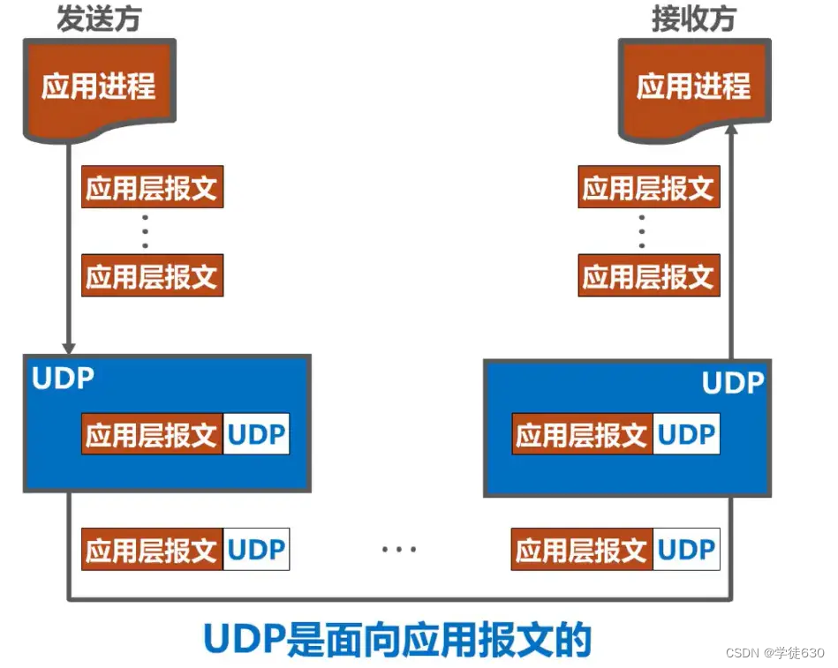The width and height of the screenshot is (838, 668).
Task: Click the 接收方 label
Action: [x=693, y=19]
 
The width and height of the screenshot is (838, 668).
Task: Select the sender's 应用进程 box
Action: [x=99, y=86]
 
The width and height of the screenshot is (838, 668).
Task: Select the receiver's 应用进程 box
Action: [x=693, y=86]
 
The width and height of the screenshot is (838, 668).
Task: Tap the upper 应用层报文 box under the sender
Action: [x=152, y=187]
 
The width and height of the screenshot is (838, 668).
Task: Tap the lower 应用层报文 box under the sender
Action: [x=152, y=275]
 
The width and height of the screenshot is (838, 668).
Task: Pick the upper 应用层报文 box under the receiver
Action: [x=648, y=187]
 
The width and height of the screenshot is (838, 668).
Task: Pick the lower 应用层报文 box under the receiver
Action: [x=648, y=275]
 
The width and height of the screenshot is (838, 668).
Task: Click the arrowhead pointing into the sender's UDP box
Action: [x=68, y=346]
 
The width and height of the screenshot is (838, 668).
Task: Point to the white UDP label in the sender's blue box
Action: [x=63, y=379]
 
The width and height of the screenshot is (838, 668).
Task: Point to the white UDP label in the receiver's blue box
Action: [x=733, y=383]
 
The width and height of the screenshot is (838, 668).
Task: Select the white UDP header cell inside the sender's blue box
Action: [x=256, y=435]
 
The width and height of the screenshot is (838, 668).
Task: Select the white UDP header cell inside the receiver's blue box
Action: [x=686, y=435]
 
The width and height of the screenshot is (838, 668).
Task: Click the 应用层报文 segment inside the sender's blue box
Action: [x=152, y=435]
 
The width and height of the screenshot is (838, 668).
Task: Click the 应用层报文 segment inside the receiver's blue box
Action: [x=582, y=435]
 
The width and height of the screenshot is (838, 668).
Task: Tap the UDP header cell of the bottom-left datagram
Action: [x=256, y=550]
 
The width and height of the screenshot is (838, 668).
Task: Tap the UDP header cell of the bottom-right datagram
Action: [x=686, y=550]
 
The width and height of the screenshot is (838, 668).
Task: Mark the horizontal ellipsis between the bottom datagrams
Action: [x=399, y=550]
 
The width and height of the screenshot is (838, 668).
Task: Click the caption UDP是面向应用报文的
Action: [x=397, y=639]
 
